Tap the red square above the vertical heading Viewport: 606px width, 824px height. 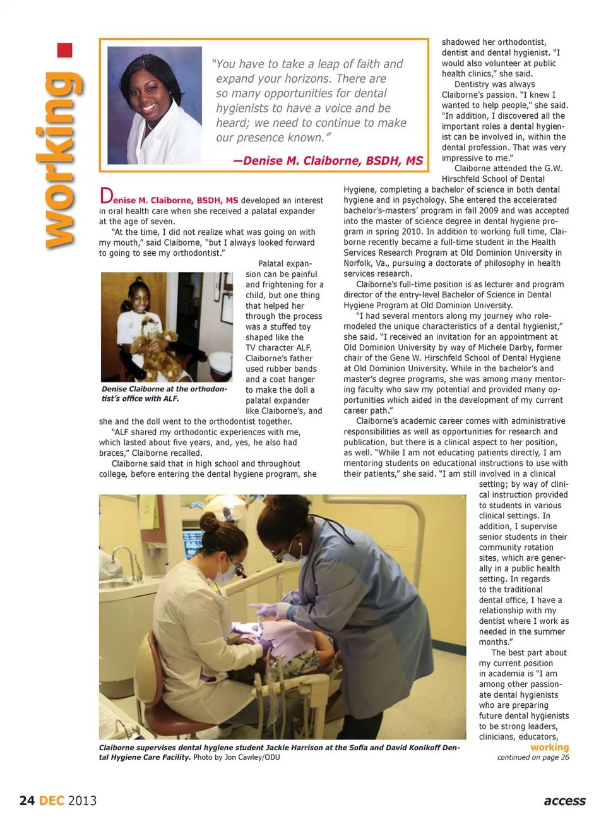tap(64, 51)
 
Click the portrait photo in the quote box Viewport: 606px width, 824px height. tap(155, 105)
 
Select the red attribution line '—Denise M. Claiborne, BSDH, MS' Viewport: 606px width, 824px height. tap(328, 161)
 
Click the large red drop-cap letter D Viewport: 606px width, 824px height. tap(106, 196)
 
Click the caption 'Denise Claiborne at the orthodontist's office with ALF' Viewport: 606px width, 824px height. tap(163, 393)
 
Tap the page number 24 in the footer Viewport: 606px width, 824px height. tap(27, 801)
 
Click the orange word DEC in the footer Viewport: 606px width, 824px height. tap(52, 801)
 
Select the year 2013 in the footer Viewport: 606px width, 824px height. tap(83, 801)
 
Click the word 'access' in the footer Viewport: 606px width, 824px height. tap(564, 801)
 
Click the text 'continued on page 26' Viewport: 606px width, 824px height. tap(533, 757)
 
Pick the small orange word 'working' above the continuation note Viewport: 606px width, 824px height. tap(549, 747)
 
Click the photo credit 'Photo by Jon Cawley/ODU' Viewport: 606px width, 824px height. tap(237, 757)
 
